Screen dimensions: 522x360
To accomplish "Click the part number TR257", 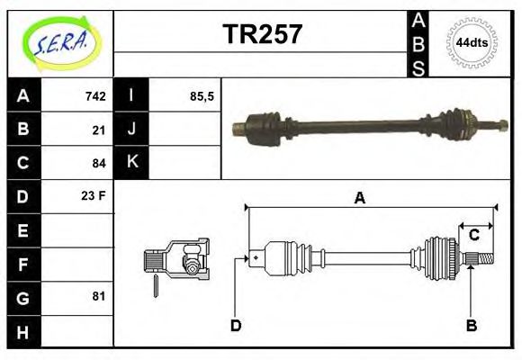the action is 262,34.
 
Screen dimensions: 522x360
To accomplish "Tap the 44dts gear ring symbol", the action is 472,43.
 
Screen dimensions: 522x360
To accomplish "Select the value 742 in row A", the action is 95,96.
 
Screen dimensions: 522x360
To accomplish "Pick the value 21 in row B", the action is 99,130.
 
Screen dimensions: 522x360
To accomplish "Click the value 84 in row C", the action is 99,163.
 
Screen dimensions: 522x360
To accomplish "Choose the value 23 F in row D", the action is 94,195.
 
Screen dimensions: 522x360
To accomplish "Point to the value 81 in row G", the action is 99,296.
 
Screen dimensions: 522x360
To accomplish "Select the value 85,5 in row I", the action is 202,96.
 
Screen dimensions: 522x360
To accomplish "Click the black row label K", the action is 131,162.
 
